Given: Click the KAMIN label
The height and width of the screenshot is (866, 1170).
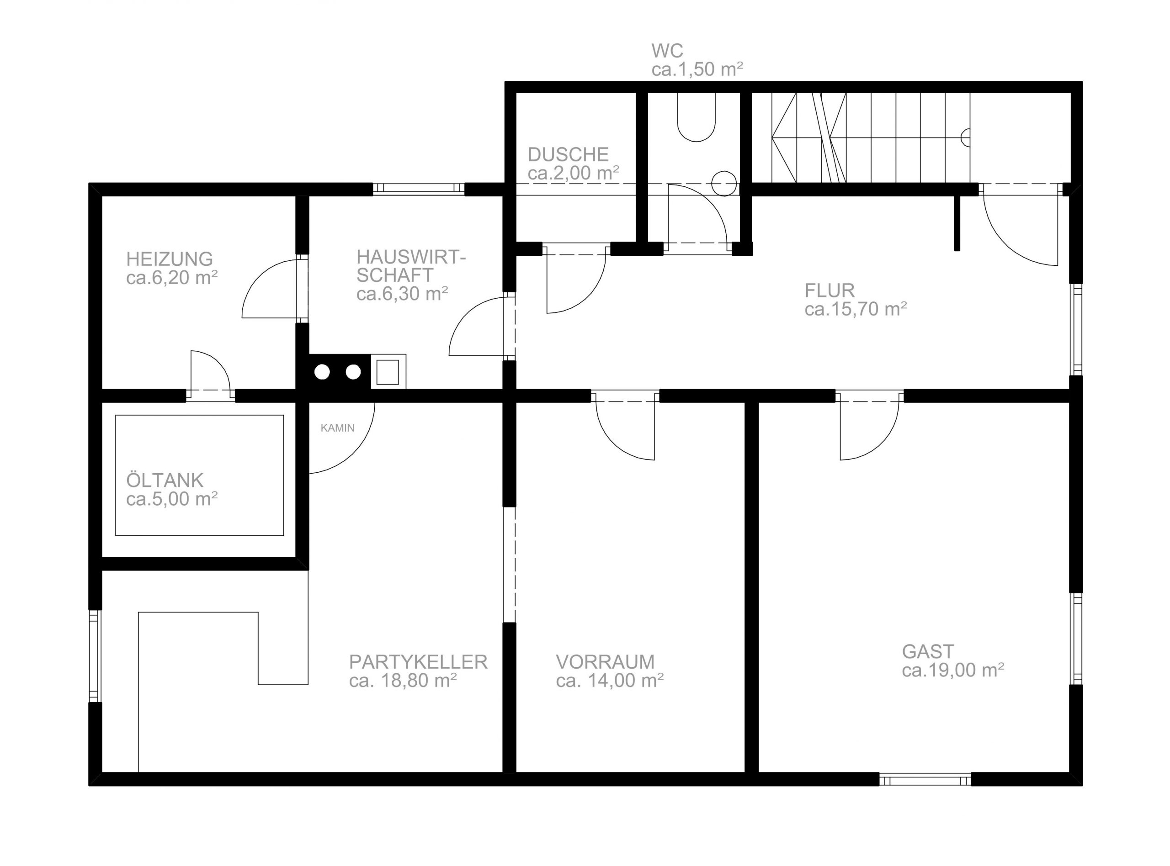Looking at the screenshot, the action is point(337,428).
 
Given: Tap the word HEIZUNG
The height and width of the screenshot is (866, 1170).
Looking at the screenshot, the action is point(170,259).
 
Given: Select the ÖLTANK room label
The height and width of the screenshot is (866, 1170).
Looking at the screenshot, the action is point(165,480).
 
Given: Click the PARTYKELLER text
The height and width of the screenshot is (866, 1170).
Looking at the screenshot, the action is point(418,662).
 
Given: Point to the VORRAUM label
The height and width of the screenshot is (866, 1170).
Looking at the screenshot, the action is point(605,662).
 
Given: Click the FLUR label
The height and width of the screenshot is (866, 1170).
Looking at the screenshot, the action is point(830,290).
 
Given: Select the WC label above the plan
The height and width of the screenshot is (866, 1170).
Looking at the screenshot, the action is point(667,51).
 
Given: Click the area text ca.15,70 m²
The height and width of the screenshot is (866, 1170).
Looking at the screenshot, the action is point(856,309).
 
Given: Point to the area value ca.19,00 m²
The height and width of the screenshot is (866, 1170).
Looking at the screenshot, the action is point(953,670).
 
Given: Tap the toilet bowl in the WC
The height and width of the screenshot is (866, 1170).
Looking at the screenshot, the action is point(696,117).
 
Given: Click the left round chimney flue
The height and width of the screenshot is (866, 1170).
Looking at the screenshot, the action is point(322,372).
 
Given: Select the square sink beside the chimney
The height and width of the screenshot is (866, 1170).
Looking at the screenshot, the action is point(388,372).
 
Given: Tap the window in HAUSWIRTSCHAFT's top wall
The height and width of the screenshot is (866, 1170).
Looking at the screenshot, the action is point(419,189).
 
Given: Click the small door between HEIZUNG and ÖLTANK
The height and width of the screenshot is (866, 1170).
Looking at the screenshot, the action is point(210,373).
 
